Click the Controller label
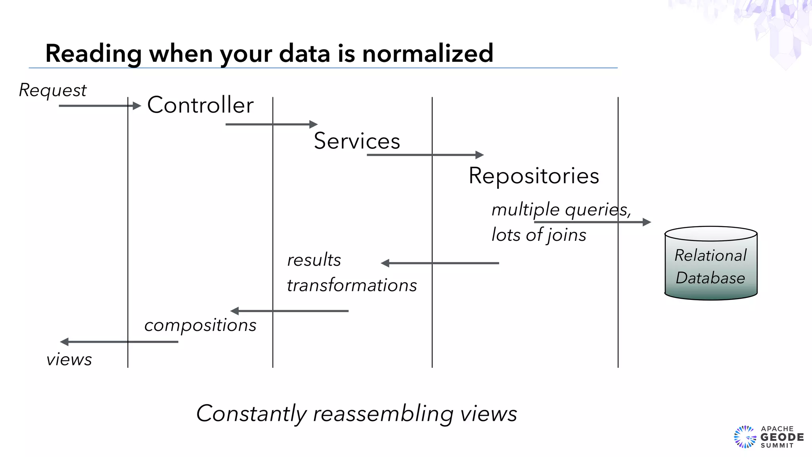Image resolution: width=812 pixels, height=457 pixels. (x=200, y=105)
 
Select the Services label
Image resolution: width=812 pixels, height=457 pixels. (x=357, y=141)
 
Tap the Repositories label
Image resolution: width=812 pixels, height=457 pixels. (x=534, y=176)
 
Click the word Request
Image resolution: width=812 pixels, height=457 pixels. (x=53, y=90)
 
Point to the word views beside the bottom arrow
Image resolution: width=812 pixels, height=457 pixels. (x=69, y=360)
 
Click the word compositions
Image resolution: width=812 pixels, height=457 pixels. (x=200, y=325)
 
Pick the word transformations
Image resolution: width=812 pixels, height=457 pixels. (x=352, y=285)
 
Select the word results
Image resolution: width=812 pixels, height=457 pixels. (x=314, y=260)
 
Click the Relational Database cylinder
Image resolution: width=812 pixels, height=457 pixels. (x=710, y=264)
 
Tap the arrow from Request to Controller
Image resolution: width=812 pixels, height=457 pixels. (x=99, y=106)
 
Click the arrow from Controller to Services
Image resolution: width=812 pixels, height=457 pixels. (x=271, y=125)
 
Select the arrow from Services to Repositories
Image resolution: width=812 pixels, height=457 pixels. (x=425, y=155)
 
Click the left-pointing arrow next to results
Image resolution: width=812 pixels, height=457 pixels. (x=440, y=263)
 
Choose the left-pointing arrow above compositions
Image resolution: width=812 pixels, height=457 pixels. (x=289, y=311)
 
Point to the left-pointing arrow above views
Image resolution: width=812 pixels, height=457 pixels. (x=119, y=342)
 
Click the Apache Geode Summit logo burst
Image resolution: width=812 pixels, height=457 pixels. (x=745, y=437)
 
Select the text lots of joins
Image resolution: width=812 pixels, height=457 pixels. (x=538, y=235)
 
